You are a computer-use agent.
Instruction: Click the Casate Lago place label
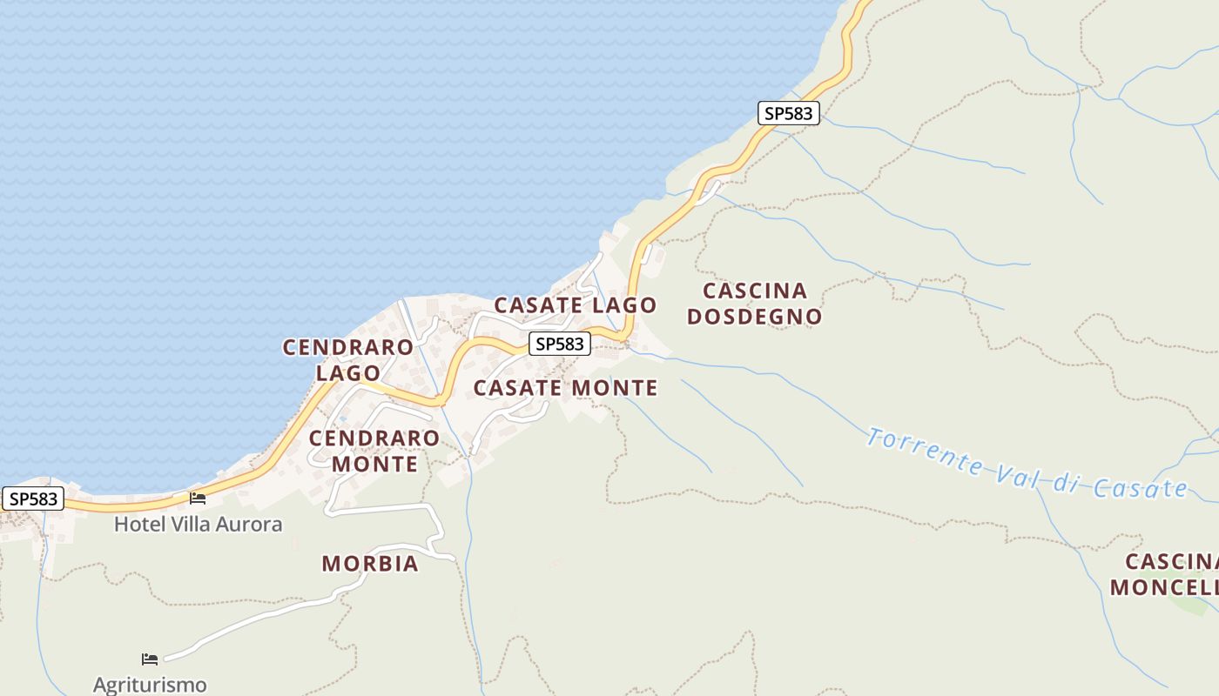(575, 305)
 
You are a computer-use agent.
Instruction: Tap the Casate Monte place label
(565, 388)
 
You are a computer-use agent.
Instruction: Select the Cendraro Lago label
(348, 360)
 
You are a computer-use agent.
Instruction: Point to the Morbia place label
(370, 564)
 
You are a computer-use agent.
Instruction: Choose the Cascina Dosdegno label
(754, 304)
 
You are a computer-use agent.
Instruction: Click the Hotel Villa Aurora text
(199, 525)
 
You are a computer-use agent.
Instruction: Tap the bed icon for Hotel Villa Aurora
(198, 499)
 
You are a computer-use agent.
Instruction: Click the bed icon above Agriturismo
(150, 659)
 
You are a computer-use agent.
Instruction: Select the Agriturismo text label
(150, 685)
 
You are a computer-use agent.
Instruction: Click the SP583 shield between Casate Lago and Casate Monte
(560, 344)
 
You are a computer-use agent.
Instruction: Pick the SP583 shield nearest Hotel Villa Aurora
(34, 499)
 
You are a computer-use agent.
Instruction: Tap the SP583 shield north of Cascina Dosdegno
(789, 113)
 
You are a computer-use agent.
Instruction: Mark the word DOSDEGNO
(754, 317)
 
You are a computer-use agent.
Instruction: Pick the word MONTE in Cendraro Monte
(374, 464)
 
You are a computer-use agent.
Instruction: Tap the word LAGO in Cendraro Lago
(348, 373)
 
